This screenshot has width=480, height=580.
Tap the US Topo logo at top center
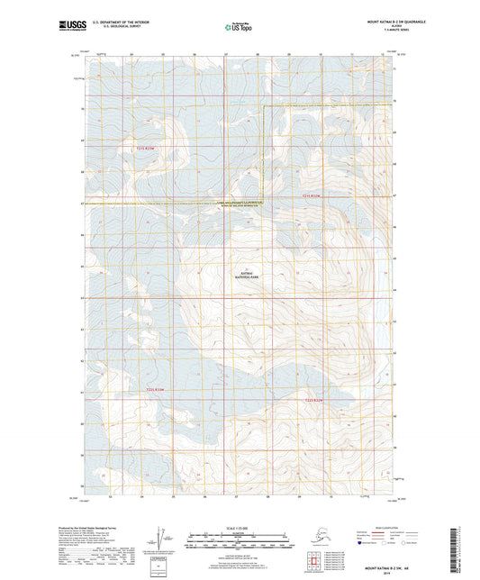coord(239,27)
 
